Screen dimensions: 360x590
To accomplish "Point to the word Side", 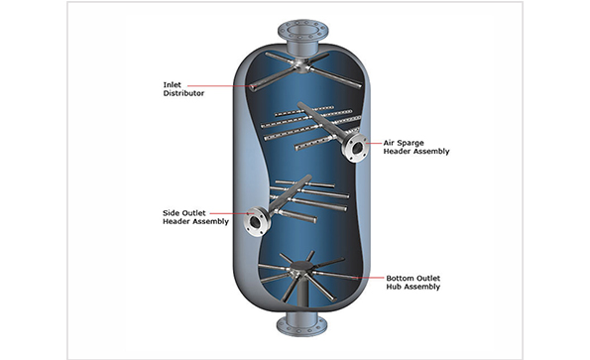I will (x=170, y=212).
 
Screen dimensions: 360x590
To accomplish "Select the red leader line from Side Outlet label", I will (x=226, y=213).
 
